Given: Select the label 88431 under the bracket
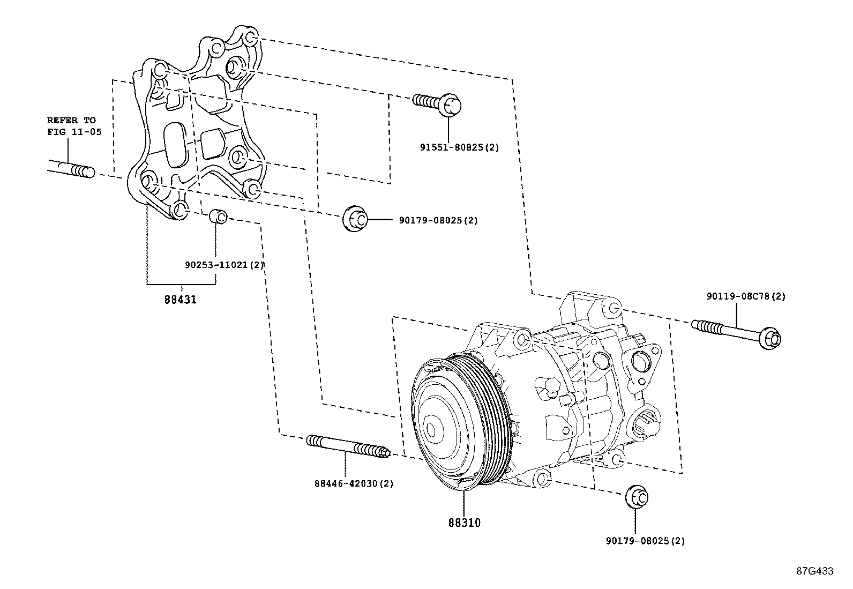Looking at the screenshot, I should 181,300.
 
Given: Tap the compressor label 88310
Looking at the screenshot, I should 465,523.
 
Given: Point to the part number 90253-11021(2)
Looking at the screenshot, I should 225,265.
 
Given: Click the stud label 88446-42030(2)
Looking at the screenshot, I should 354,483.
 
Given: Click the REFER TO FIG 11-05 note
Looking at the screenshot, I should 74,126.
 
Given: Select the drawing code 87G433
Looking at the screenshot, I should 814,571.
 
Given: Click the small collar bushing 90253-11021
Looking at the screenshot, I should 218,217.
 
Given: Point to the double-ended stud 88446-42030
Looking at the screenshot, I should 348,446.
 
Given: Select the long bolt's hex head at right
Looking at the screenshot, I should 772,338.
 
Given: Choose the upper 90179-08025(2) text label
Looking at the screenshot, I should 438,220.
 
